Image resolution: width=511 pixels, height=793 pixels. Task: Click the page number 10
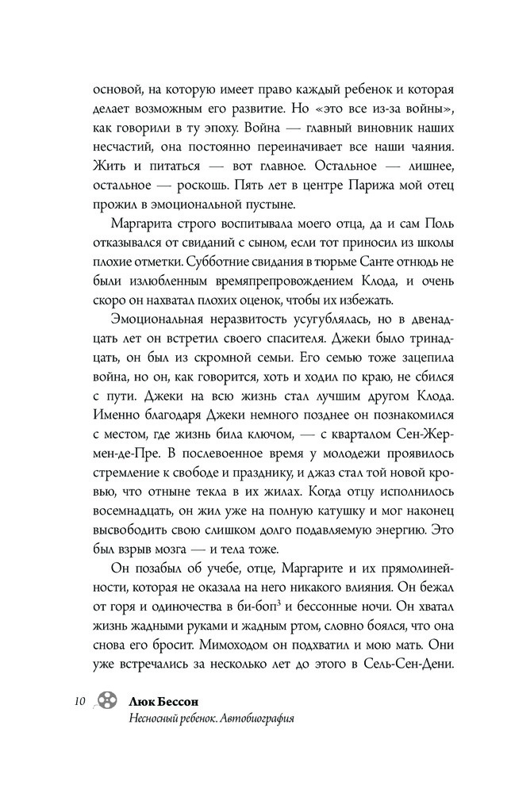(78, 702)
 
